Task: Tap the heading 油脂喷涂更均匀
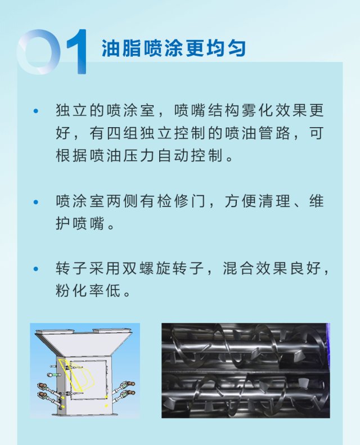coord(174,48)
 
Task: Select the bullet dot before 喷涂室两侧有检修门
coord(37,201)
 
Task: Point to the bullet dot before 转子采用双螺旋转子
coord(37,269)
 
